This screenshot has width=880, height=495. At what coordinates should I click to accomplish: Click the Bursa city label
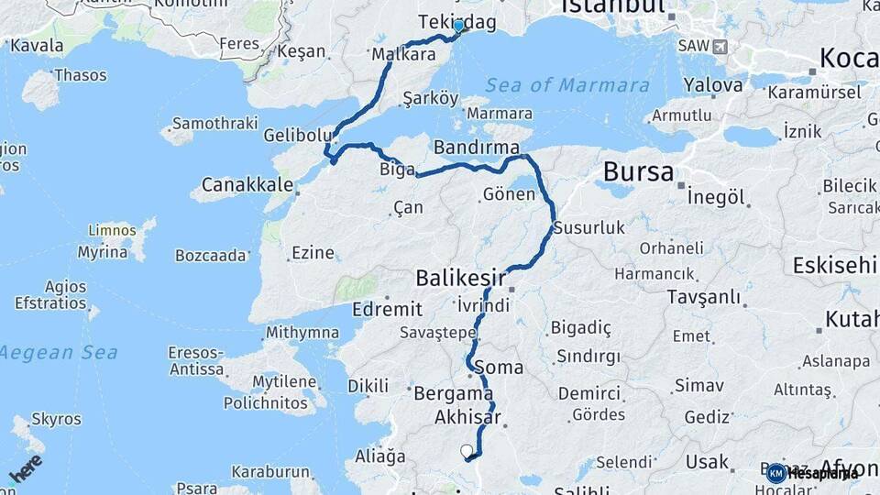pos(639,172)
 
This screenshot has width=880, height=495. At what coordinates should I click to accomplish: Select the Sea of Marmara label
pos(567,85)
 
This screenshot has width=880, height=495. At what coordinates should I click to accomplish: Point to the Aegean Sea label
pos(58,352)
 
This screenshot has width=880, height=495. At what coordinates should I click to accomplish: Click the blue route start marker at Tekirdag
pos(458,27)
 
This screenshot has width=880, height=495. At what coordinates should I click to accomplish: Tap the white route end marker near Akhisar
pos(467,451)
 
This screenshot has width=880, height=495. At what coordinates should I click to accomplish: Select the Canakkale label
pos(247,185)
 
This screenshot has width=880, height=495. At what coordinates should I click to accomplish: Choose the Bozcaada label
pos(211,255)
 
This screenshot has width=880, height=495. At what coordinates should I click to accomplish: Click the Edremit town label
pos(392,309)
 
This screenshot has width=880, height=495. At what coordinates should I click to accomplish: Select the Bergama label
pos(454,394)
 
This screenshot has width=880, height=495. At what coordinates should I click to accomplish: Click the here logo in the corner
pos(25,468)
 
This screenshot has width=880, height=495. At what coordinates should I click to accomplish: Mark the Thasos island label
pos(81,75)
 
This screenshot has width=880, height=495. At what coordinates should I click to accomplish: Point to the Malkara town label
pos(403,55)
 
